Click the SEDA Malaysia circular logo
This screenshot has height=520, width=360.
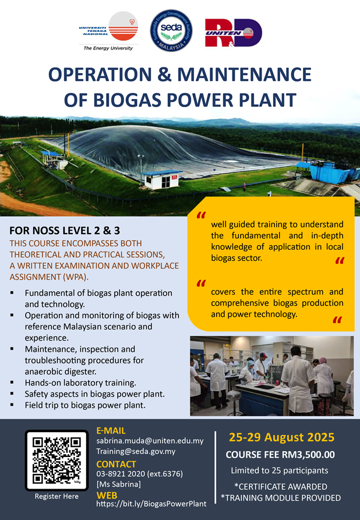(171, 30)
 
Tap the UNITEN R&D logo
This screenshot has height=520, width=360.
(233, 33)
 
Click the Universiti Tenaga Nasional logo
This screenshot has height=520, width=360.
(108, 31)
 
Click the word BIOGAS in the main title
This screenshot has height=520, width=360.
(126, 100)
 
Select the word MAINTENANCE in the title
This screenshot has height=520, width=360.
(244, 75)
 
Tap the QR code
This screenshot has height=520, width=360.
(57, 460)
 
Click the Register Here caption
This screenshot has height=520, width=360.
(57, 497)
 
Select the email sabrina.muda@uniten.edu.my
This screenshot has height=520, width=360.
(150, 441)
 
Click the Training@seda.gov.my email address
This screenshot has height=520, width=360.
(136, 451)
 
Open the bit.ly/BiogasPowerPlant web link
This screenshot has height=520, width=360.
(151, 504)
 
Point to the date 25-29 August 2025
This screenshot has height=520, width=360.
(282, 437)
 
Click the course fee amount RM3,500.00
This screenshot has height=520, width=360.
(308, 455)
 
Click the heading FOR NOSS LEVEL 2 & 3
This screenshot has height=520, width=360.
(65, 231)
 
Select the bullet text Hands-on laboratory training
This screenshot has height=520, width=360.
(80, 383)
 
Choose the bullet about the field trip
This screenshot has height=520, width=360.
(85, 405)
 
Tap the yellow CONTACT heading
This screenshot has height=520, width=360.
(116, 464)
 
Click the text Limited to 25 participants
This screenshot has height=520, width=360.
(280, 471)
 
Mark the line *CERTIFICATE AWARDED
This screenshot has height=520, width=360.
(281, 487)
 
